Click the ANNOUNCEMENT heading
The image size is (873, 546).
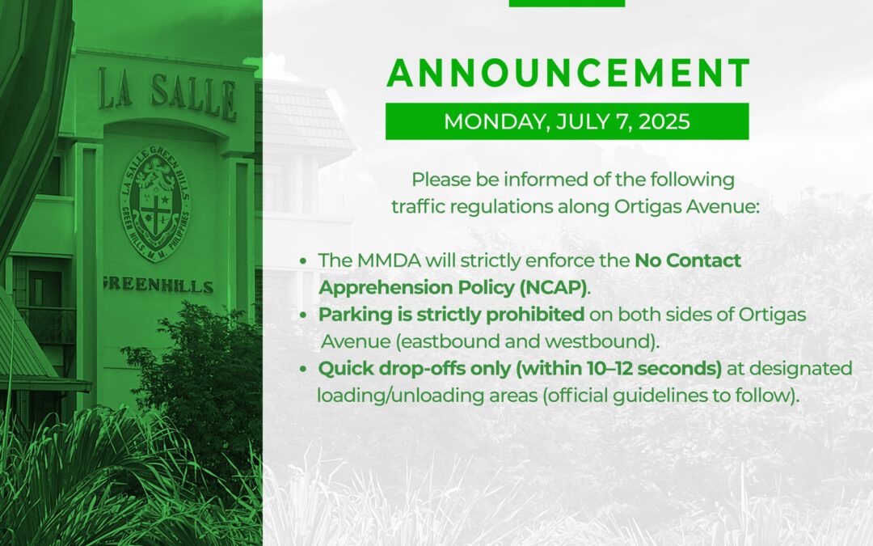click(x=568, y=73)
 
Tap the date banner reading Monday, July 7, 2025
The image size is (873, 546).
click(x=567, y=121)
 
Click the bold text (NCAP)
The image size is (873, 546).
click(x=554, y=287)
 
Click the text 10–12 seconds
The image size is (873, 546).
click(x=652, y=368)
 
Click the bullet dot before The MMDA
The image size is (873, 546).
click(x=303, y=260)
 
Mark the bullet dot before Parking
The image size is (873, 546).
click(x=303, y=315)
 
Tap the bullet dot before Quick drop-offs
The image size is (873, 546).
click(x=303, y=370)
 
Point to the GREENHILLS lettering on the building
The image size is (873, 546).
click(x=158, y=285)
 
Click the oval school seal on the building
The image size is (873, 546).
click(x=155, y=202)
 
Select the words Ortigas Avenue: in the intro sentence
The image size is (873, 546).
click(x=686, y=207)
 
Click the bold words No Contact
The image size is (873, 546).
click(x=688, y=260)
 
